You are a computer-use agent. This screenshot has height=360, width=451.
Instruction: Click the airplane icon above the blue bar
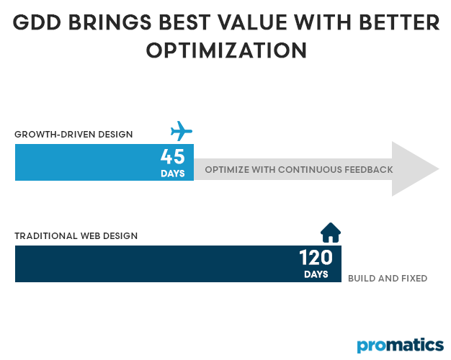click(x=182, y=132)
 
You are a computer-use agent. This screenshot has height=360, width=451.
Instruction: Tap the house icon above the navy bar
click(x=331, y=233)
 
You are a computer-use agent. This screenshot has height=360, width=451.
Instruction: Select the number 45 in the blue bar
click(x=173, y=156)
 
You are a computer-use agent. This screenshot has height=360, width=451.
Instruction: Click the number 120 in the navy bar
click(x=316, y=258)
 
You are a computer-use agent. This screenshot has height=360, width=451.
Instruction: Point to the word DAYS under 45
click(x=173, y=173)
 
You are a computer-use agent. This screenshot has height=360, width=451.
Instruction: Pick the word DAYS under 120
click(x=316, y=274)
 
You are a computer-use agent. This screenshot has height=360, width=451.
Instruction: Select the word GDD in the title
click(x=39, y=23)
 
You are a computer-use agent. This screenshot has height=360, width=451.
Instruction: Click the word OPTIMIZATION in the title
click(x=226, y=51)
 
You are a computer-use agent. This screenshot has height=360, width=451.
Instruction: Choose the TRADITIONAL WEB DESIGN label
click(x=76, y=235)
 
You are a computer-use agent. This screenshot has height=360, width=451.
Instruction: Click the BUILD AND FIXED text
click(x=388, y=278)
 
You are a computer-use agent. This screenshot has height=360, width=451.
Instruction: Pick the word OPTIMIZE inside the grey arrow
click(x=228, y=170)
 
